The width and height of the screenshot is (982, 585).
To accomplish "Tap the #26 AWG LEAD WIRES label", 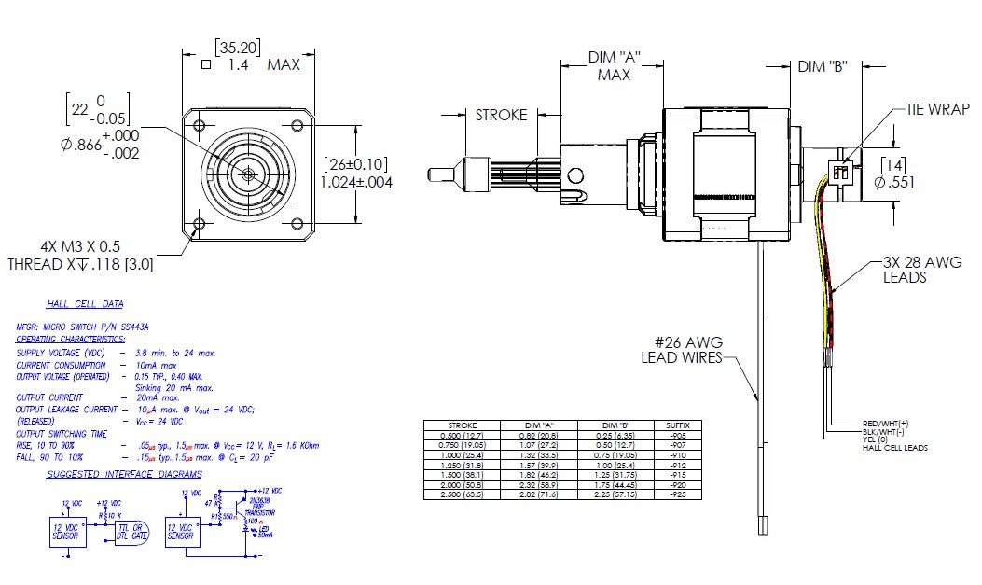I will (x=681, y=350).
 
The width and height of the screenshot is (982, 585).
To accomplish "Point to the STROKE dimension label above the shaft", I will (x=501, y=115).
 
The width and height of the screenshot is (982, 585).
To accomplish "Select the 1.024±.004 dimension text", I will (x=356, y=182).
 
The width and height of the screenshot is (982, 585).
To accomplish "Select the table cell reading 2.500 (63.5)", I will (x=463, y=493).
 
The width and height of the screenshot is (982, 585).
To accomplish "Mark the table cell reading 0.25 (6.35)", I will (x=619, y=434).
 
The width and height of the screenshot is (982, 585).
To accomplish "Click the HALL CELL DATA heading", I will (x=85, y=304).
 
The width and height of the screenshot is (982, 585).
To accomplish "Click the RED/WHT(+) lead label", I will (x=886, y=424).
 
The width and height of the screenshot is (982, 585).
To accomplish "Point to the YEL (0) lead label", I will (x=878, y=440).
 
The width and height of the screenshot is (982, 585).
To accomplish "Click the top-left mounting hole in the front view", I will (x=199, y=126).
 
